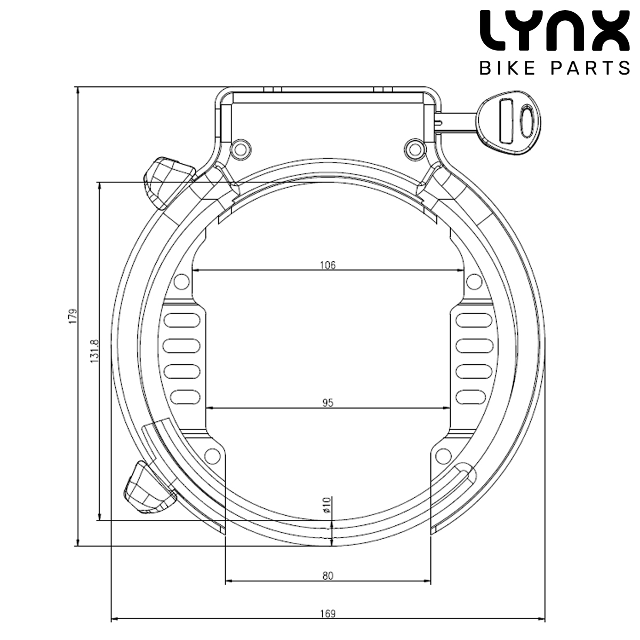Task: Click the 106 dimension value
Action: pyautogui.click(x=327, y=265)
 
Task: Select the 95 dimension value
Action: pyautogui.click(x=327, y=403)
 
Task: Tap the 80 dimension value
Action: pyautogui.click(x=327, y=575)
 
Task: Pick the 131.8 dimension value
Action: pyautogui.click(x=94, y=351)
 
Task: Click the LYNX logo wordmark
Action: pyautogui.click(x=554, y=30)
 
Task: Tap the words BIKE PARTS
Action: pyautogui.click(x=554, y=68)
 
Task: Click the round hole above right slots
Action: pyautogui.click(x=473, y=281)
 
